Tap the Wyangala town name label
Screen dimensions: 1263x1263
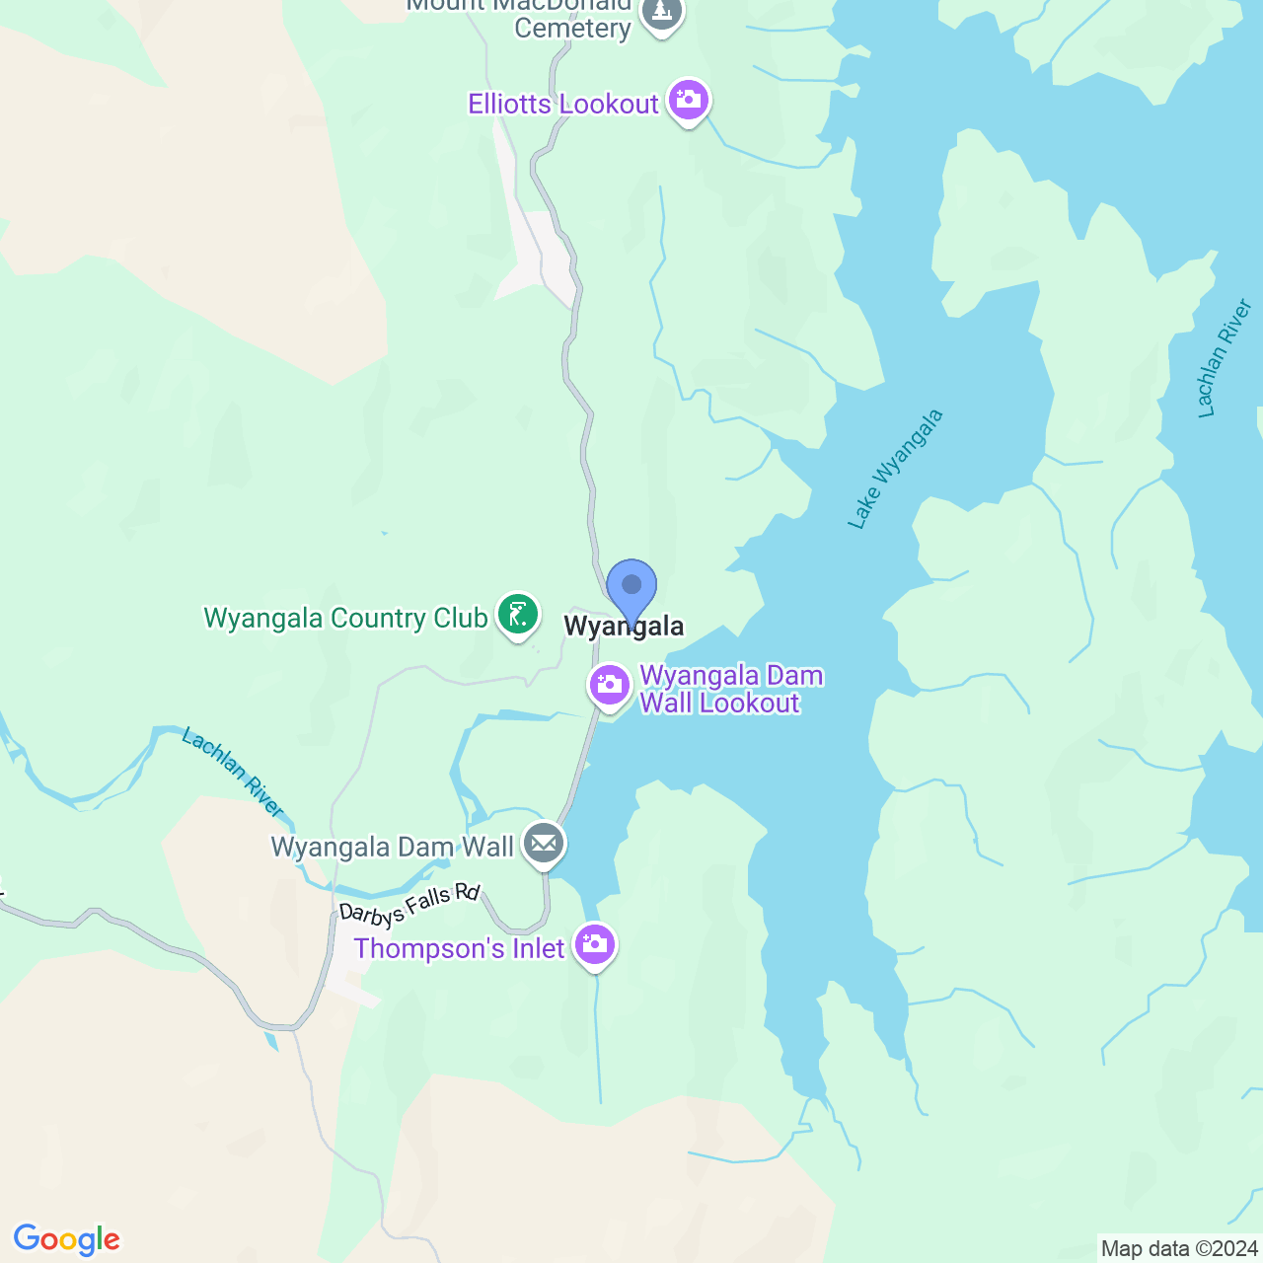click(x=624, y=627)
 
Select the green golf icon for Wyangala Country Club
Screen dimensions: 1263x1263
click(x=518, y=615)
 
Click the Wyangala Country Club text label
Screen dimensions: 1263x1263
click(x=345, y=619)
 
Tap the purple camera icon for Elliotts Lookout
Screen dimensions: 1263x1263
click(x=689, y=100)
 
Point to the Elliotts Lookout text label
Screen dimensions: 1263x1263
click(x=562, y=105)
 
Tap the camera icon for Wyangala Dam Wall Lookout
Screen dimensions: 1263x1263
click(x=610, y=684)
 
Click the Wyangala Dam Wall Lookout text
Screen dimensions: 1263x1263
click(x=730, y=690)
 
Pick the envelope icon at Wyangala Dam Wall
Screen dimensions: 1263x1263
click(x=544, y=844)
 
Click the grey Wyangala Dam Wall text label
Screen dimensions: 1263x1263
click(x=393, y=848)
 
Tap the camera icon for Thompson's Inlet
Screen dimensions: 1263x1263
click(x=594, y=944)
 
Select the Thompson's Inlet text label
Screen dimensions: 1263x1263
click(x=459, y=949)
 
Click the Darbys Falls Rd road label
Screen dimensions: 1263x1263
click(x=409, y=906)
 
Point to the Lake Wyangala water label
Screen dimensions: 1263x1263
click(x=895, y=470)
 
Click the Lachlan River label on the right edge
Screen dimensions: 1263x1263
click(x=1224, y=359)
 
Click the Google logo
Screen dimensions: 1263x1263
click(x=67, y=1240)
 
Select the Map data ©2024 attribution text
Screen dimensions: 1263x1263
click(x=1179, y=1249)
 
